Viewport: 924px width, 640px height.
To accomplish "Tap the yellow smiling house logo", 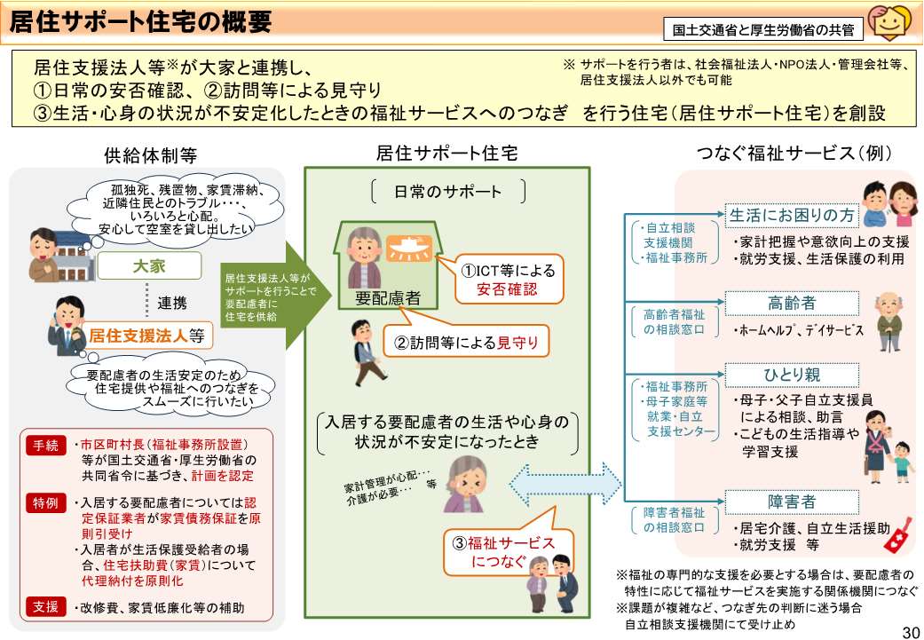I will (x=889, y=23).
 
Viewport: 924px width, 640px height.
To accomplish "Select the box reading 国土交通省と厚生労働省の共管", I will (x=762, y=29).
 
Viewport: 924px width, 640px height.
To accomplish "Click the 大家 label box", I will (x=148, y=265).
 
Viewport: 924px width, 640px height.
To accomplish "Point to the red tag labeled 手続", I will (x=45, y=445).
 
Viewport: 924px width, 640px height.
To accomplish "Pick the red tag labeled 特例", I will (x=45, y=502).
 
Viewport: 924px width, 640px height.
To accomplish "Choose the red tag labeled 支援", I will (x=45, y=608).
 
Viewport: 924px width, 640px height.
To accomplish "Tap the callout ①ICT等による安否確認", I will (x=499, y=279).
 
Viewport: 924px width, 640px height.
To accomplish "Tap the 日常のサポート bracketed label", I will (x=448, y=192).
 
